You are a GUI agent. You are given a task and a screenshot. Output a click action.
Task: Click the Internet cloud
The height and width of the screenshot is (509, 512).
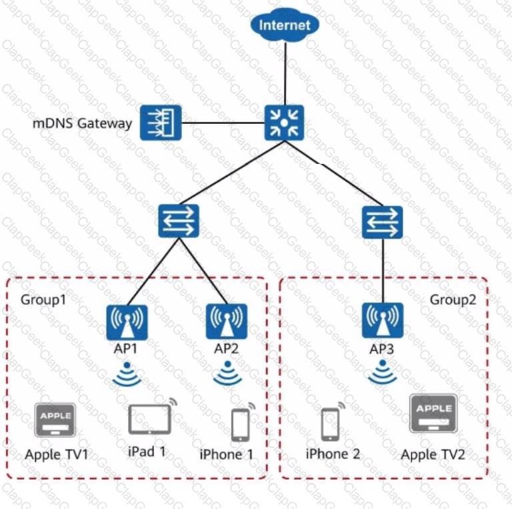click(x=285, y=25)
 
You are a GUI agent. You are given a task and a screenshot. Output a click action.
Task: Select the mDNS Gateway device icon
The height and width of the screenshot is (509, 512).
click(x=161, y=123)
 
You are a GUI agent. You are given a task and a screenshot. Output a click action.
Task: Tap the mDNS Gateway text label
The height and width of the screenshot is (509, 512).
click(x=82, y=123)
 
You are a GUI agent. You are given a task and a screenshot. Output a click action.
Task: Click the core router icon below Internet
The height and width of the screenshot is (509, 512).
click(x=284, y=123)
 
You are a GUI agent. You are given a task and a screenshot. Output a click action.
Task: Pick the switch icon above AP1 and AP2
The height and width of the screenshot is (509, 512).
click(x=179, y=221)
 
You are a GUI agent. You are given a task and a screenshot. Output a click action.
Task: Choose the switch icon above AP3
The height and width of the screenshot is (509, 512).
click(x=383, y=222)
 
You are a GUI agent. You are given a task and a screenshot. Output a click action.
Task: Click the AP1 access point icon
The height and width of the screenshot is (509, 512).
click(x=127, y=322)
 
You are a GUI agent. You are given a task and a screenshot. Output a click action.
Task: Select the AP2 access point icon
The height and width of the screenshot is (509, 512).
click(x=227, y=321)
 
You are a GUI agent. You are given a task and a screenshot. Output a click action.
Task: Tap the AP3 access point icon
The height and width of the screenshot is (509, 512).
click(x=383, y=320)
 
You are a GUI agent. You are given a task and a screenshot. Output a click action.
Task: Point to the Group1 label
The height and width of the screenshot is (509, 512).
click(x=43, y=300)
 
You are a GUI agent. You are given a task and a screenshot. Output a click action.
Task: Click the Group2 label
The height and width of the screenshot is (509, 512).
click(x=453, y=300)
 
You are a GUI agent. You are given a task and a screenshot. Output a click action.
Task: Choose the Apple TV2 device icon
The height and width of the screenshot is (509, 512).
click(x=433, y=414)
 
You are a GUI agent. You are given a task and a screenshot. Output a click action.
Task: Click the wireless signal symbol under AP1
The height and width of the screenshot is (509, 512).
click(x=127, y=374)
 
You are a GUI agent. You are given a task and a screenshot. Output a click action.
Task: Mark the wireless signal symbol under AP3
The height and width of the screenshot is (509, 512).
click(x=383, y=372)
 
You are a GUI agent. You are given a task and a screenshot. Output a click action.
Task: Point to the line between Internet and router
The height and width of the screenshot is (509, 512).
click(x=285, y=74)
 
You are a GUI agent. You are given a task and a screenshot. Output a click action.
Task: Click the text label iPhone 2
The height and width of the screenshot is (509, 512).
click(x=333, y=454)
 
